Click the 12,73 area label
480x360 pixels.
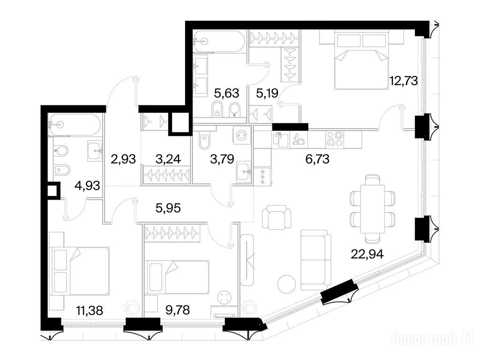pos(404,81)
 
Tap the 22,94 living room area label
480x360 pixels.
pos(367,254)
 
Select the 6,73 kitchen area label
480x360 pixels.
pos(317,159)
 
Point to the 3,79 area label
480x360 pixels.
pos(222,159)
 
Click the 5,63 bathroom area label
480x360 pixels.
pos(226,93)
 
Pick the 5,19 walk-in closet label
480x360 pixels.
pos(267,93)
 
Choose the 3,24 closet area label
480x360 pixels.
pos(168,159)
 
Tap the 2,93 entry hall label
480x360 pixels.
pos(123,159)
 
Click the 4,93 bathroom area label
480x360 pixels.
pos(88,185)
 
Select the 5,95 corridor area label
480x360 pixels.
pos(168,208)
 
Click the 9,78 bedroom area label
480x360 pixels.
pos(178,310)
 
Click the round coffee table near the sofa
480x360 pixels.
pos(287,284)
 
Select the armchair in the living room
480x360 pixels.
pos(277,217)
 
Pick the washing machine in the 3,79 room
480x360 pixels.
pos(242,135)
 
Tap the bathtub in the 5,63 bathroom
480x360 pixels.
pos(219,41)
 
